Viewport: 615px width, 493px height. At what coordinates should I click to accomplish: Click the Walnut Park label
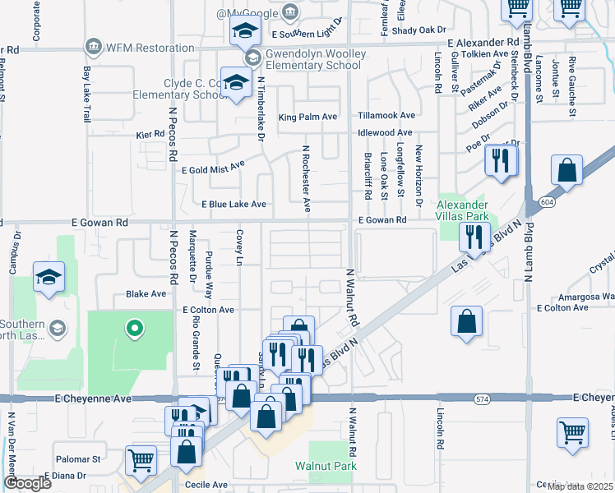pos(326,466)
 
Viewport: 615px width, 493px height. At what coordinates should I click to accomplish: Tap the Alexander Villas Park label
pos(462,210)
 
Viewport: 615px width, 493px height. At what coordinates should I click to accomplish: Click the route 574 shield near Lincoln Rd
pos(481,399)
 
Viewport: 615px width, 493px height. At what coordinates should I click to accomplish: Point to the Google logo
pos(27,483)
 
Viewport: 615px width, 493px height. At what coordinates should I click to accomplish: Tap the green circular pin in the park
pos(134,330)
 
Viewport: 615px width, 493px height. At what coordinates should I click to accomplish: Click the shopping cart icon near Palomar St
pos(141,461)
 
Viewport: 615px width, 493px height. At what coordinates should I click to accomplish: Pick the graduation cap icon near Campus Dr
pos(49,277)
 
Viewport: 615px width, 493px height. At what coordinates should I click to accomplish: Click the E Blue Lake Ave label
pos(234,204)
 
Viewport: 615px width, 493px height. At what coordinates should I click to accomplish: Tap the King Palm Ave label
pos(307,117)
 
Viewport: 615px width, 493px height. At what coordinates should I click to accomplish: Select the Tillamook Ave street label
pos(386,116)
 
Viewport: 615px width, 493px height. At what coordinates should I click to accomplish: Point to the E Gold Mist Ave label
pos(213,166)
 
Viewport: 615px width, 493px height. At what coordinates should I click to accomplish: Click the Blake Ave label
pos(141,293)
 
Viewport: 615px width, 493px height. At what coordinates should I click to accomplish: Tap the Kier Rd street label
pos(150,134)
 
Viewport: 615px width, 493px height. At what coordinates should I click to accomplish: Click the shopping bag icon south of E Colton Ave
pos(466,322)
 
